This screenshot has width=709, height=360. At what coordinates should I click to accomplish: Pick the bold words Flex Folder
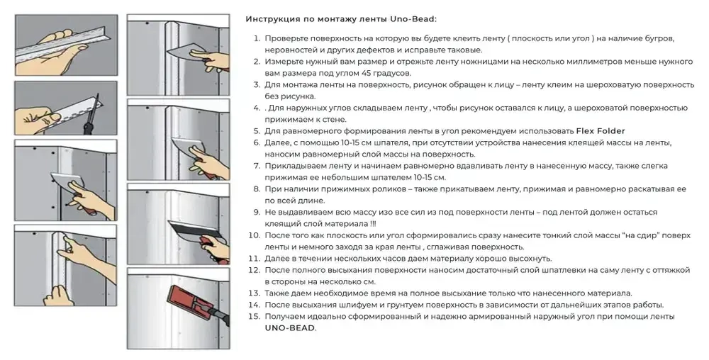[x=599, y=131]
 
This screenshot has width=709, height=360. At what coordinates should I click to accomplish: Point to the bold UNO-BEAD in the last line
[x=290, y=328]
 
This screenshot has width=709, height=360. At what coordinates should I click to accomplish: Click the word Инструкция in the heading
[x=272, y=19]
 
